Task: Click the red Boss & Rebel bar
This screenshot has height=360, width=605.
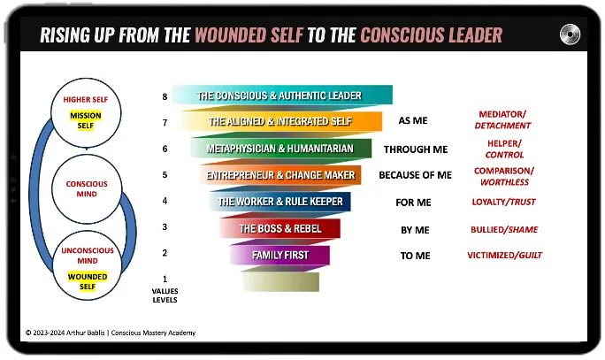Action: coord(280,229)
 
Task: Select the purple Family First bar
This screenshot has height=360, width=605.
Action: coord(280,256)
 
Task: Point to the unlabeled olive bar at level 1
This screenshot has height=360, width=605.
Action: coord(280,281)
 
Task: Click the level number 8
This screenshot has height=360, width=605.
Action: coord(164,96)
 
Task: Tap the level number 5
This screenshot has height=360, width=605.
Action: coord(164,175)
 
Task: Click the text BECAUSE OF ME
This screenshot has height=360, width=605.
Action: coord(415,175)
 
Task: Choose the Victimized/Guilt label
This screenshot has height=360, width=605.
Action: coord(504,256)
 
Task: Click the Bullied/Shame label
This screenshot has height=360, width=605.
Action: coord(504,229)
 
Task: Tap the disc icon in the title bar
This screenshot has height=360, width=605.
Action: coord(571,34)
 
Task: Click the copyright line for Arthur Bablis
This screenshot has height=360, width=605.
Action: coord(111,333)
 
